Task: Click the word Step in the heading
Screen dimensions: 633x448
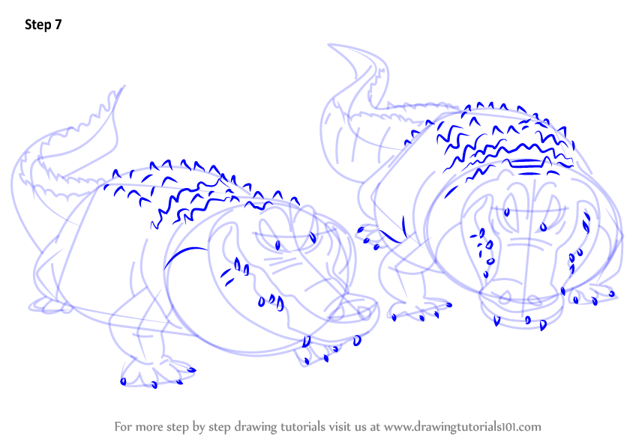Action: click(x=37, y=25)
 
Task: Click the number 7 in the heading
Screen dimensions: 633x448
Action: click(x=58, y=25)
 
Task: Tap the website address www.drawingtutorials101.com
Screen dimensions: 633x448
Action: click(x=462, y=426)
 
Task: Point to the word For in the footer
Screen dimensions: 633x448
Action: click(x=123, y=426)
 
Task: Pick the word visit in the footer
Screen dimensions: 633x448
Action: click(x=339, y=426)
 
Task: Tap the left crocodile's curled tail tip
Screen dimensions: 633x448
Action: click(x=121, y=88)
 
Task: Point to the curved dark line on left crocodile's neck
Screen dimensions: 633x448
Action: click(x=184, y=255)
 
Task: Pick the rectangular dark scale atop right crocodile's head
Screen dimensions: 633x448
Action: click(x=526, y=163)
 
